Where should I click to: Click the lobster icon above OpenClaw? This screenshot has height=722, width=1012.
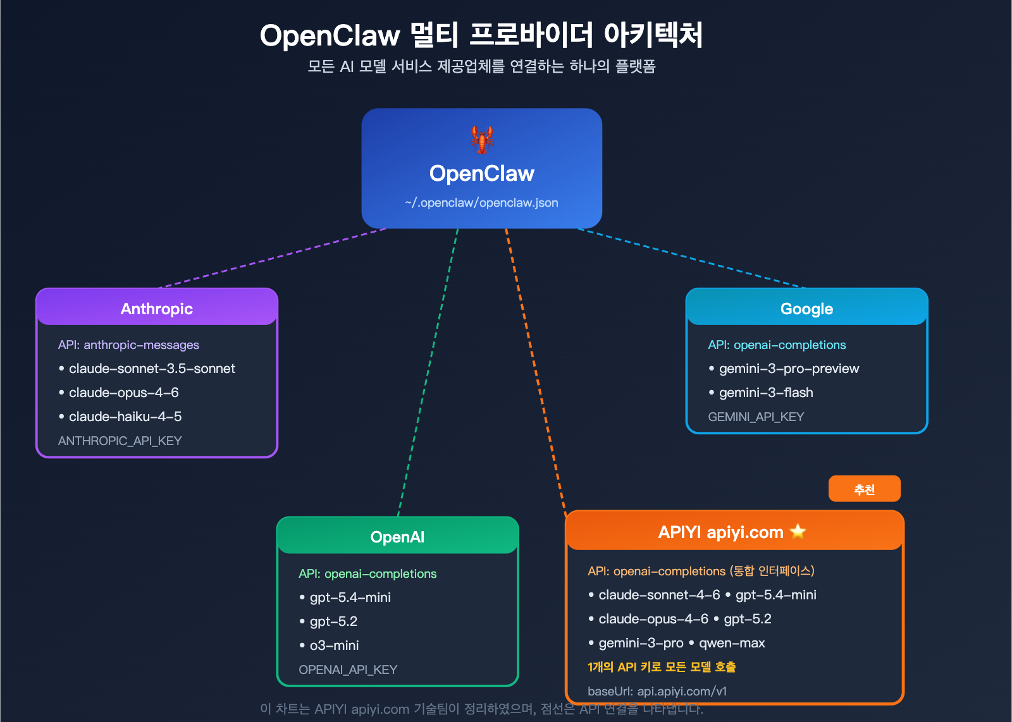pos(482,139)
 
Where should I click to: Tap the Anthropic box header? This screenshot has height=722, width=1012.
pos(157,309)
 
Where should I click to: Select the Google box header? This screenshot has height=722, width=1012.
pos(806,309)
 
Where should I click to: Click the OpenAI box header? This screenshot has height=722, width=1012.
pos(397,537)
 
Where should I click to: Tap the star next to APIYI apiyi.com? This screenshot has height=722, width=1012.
pos(798,531)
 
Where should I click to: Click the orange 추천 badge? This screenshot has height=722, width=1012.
pos(864,489)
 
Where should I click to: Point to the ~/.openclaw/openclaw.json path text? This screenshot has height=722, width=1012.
pos(481,203)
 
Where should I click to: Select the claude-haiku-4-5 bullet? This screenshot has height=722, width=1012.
pos(125,417)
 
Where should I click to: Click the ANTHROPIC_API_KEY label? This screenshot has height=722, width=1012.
pos(120,441)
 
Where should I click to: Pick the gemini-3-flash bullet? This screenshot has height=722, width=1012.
pos(765,393)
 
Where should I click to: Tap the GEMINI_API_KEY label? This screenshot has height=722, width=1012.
pos(756,417)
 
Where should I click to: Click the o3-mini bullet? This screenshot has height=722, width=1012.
pos(334,646)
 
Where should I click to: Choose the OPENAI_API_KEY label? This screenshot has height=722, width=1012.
pos(348,670)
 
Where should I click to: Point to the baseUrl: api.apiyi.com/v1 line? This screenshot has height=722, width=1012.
pos(657,691)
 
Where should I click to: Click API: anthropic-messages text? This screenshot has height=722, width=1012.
pos(128,345)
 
